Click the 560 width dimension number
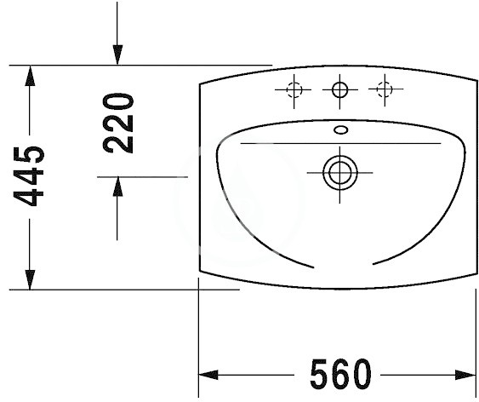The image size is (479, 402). click(340, 374)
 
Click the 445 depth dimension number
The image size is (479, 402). click(29, 176)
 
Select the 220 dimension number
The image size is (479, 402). click(118, 123)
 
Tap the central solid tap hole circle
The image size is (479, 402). click(339, 89)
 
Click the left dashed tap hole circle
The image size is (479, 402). click(294, 90)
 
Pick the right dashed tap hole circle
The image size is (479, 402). click(385, 89)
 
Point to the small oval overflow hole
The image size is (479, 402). click(341, 130)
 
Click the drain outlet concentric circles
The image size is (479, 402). click(340, 173)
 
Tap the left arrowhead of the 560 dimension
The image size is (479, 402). click(208, 375)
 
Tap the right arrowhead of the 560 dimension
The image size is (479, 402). click(466, 375)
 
